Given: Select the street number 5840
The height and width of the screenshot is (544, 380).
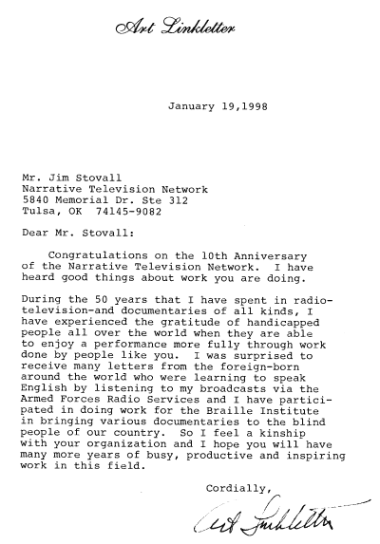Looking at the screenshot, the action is tap(34, 201).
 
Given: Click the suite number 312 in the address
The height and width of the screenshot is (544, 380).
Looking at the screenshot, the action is tap(196, 201).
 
